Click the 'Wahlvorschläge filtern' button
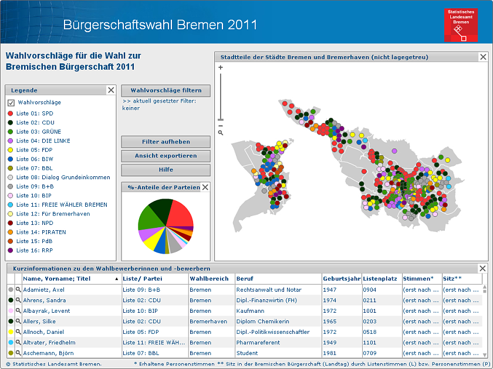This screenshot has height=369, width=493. pyautogui.click(x=166, y=90)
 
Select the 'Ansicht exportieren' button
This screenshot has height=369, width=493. pyautogui.click(x=166, y=156)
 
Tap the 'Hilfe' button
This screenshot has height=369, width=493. pyautogui.click(x=166, y=170)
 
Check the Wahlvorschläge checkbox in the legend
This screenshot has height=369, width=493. pyautogui.click(x=11, y=102)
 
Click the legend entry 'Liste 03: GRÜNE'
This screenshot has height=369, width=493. pyautogui.click(x=38, y=132)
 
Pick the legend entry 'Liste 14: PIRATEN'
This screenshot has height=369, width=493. pyautogui.click(x=40, y=232)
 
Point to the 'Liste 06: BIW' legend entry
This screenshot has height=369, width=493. pyautogui.click(x=35, y=159)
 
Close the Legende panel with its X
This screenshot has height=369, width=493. pyautogui.click(x=111, y=90)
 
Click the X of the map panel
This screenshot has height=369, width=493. pyautogui.click(x=483, y=57)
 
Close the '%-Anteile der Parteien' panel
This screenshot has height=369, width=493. pyautogui.click(x=205, y=187)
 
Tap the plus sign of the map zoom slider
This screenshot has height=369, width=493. pyautogui.click(x=221, y=67)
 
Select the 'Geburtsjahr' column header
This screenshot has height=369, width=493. pyautogui.click(x=341, y=279)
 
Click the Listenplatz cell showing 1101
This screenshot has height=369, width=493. pyautogui.click(x=370, y=343)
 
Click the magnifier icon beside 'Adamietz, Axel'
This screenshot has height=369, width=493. pyautogui.click(x=18, y=290)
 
